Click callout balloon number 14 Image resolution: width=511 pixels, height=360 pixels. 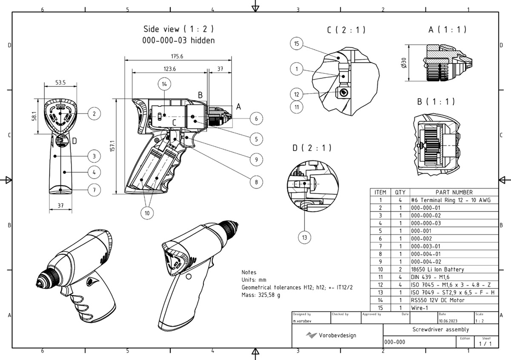coord(164,84)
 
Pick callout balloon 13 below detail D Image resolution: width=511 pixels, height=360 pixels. coord(304,237)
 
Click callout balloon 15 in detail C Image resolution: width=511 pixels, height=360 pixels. coord(297,43)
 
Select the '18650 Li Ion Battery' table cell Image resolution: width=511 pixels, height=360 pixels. coord(437,269)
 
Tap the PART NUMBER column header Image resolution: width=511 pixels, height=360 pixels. coord(454,192)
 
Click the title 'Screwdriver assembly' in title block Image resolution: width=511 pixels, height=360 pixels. coord(440,329)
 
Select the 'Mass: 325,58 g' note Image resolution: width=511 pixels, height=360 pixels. coord(261,295)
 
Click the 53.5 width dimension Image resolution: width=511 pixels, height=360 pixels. coord(60,83)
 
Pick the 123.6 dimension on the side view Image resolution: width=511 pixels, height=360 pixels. coord(169,69)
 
